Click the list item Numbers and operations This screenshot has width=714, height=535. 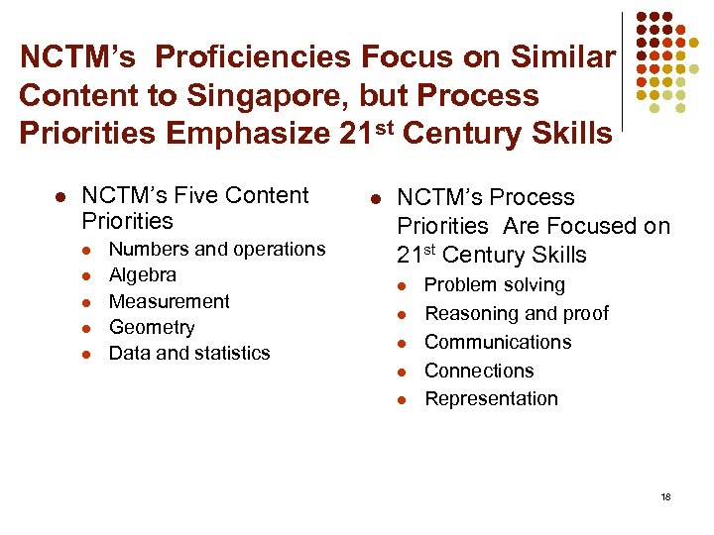tap(216, 249)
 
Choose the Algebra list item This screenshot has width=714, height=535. tap(143, 274)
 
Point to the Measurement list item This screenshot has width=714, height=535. tap(169, 301)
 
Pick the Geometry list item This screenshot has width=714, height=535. tap(152, 327)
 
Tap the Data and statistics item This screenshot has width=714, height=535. tap(189, 353)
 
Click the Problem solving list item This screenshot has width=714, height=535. tap(494, 285)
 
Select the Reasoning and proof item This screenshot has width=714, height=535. tap(517, 314)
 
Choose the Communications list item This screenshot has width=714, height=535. tap(498, 342)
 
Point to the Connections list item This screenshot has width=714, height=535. tap(479, 371)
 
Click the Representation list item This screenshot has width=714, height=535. tap(491, 398)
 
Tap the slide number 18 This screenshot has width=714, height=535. tap(665, 496)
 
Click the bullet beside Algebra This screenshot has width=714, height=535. tap(86, 275)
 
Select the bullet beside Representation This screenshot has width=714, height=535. tap(402, 399)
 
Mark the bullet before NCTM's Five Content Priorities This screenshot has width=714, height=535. tap(59, 197)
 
